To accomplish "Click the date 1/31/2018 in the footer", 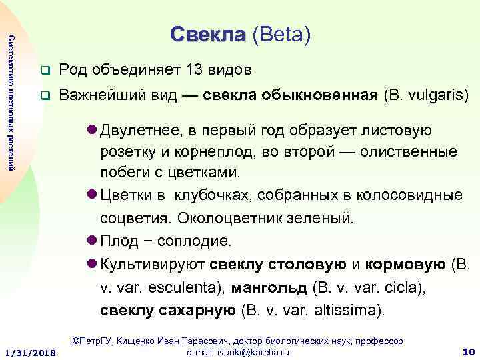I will coord(29,351).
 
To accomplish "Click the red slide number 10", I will coord(467,351).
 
